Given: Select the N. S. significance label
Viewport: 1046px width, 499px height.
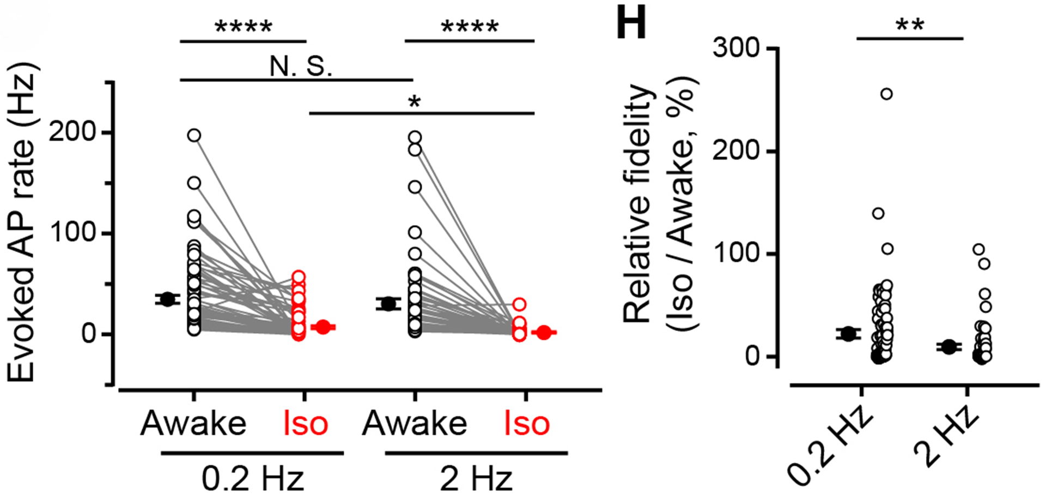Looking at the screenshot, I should (300, 67).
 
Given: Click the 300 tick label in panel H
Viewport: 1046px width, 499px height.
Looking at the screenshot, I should (736, 49).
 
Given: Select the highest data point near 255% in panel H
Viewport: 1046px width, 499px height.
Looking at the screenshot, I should (886, 94).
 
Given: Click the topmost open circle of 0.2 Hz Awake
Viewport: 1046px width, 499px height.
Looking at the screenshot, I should (194, 135).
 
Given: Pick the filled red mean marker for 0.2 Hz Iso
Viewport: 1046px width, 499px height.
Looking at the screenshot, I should (323, 327).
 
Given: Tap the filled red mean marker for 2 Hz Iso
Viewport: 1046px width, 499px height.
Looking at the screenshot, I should (544, 332).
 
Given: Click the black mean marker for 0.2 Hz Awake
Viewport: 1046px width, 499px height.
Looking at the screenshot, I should (167, 299).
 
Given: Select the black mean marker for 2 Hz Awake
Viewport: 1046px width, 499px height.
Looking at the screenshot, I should (388, 304).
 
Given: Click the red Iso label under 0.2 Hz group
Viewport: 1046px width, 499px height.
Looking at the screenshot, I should (306, 424).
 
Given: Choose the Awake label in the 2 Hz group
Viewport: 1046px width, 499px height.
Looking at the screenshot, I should (415, 424).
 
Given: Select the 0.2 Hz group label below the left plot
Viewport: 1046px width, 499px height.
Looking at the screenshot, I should (252, 478).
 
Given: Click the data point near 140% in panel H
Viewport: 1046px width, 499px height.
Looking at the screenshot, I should (878, 213).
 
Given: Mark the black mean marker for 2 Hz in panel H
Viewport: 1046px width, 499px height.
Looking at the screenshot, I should (950, 347).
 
